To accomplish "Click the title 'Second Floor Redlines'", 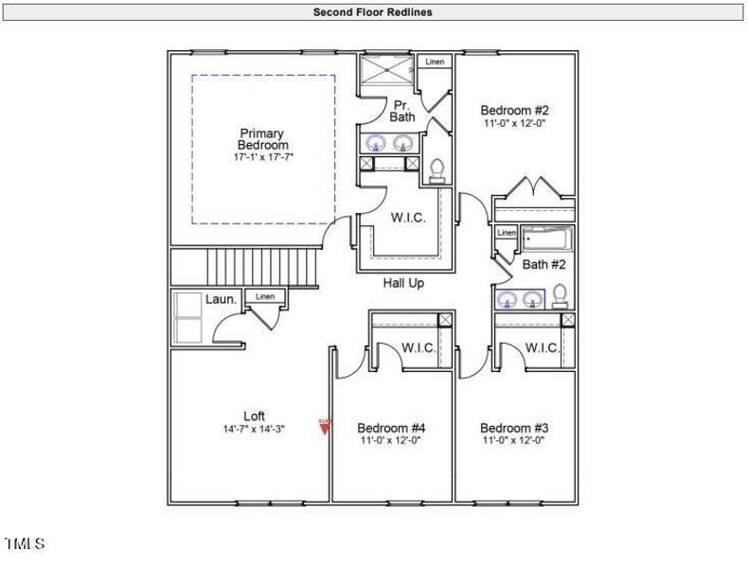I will coord(373,12).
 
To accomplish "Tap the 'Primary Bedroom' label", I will coord(262,139).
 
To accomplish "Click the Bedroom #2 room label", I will coord(514,110).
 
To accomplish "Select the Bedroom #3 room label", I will coord(514,427).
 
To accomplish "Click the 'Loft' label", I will coord(254,416).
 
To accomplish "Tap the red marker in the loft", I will coord(325,426).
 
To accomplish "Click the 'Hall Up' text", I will coord(403,283).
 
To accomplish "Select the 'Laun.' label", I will coord(221,299).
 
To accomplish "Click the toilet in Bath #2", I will coord(560,296).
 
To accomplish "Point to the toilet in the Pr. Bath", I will coord(437,170).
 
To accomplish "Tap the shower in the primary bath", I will coord(386,71).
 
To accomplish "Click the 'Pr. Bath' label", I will coord(401,111).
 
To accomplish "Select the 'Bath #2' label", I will coord(543,265).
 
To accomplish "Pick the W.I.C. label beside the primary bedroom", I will coord(408,218).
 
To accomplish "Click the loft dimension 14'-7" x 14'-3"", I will coord(254,429).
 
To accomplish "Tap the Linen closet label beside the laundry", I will coord(265,297).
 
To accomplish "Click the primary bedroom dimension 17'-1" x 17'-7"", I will coord(263,157).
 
